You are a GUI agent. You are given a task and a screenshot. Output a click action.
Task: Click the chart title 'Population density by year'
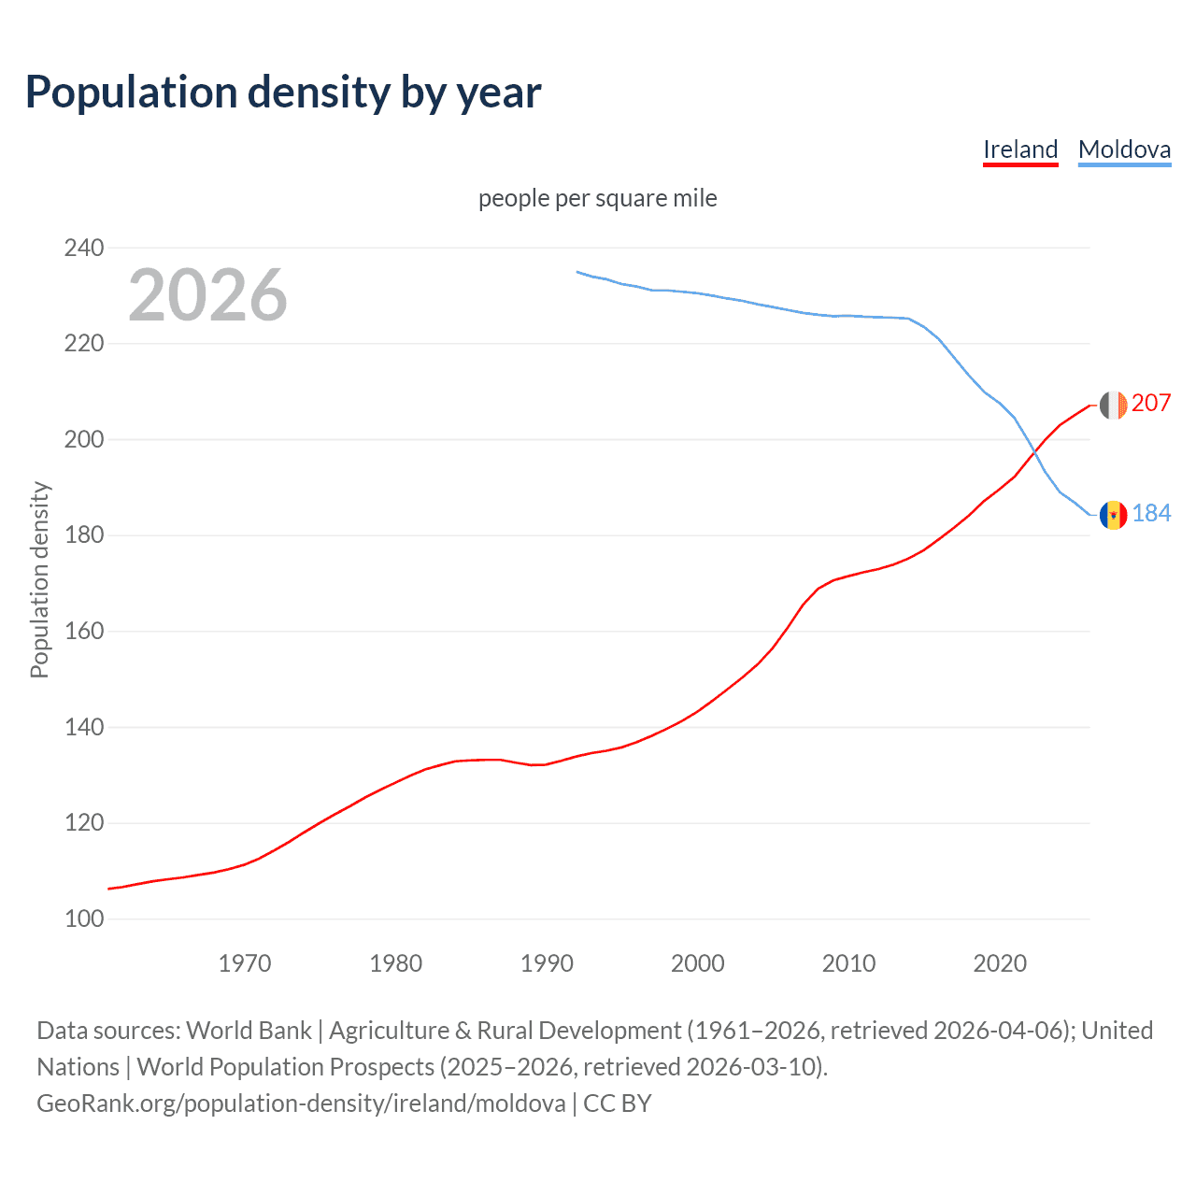tap(283, 93)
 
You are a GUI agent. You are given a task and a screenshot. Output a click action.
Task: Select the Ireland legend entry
tap(1020, 149)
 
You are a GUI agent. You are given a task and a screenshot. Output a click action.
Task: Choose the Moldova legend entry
tap(1124, 149)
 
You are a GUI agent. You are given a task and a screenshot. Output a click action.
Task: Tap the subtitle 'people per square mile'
tap(597, 198)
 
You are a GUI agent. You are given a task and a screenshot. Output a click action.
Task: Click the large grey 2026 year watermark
tap(207, 295)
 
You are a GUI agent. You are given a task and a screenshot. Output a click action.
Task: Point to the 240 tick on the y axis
tap(83, 248)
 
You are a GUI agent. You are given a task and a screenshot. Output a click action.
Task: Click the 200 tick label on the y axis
tap(83, 439)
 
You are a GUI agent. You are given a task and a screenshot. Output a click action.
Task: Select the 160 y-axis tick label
tap(83, 631)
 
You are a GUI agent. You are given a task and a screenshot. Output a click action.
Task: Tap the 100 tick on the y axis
tap(83, 918)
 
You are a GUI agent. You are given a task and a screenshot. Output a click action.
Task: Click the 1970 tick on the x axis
tap(245, 962)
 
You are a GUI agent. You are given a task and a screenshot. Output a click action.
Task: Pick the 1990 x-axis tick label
tap(547, 962)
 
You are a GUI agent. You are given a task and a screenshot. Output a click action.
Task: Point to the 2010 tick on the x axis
tap(848, 962)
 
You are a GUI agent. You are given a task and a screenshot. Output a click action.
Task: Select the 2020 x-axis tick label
tap(1000, 962)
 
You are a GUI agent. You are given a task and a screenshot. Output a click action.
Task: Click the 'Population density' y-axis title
tap(39, 579)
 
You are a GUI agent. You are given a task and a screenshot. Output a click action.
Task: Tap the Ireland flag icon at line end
tap(1113, 406)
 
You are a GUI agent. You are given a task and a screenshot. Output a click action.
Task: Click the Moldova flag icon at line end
tap(1113, 515)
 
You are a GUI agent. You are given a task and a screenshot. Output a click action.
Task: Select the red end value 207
tap(1151, 403)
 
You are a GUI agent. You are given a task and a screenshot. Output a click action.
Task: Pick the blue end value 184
tap(1151, 513)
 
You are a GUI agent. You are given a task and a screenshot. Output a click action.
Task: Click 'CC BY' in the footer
tap(617, 1103)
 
